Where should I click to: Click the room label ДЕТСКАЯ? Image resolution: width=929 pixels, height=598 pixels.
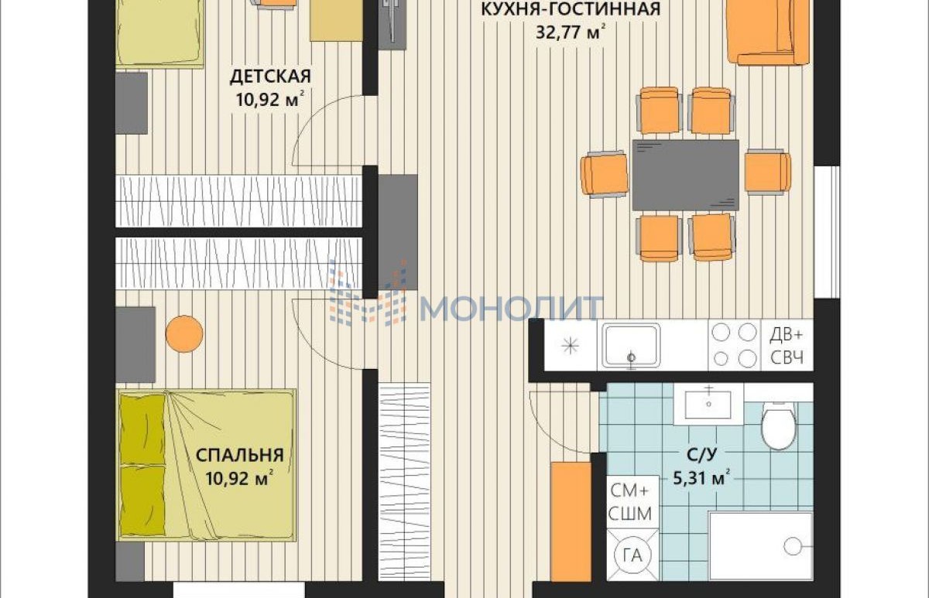[x=270, y=77]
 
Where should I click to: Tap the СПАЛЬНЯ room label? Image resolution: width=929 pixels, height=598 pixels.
[x=240, y=456]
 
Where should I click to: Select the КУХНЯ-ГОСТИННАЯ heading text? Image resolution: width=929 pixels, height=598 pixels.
[x=571, y=9]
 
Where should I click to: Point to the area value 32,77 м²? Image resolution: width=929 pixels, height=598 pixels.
[x=571, y=32]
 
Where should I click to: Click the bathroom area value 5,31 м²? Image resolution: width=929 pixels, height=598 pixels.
[x=701, y=478]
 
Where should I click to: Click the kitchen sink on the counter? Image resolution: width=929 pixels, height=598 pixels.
[x=631, y=346]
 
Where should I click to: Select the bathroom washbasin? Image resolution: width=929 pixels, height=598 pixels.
[x=708, y=404]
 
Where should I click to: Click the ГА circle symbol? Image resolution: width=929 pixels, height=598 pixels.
[x=633, y=555]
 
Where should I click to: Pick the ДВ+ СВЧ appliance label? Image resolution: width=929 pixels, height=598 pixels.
[x=787, y=346]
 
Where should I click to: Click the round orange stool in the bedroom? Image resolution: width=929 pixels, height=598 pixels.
[x=184, y=334]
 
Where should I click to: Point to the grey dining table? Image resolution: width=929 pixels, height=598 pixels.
[x=686, y=175]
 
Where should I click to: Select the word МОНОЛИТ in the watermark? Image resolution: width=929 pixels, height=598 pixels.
[x=512, y=309]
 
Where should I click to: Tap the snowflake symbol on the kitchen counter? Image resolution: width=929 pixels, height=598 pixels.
[x=571, y=346]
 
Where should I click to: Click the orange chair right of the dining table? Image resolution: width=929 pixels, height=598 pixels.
[x=768, y=172]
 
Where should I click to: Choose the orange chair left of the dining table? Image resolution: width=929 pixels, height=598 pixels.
[x=605, y=174]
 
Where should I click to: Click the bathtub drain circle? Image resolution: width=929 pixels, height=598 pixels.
[x=793, y=546]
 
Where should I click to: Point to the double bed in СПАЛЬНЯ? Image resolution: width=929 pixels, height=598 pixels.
[x=207, y=466]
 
